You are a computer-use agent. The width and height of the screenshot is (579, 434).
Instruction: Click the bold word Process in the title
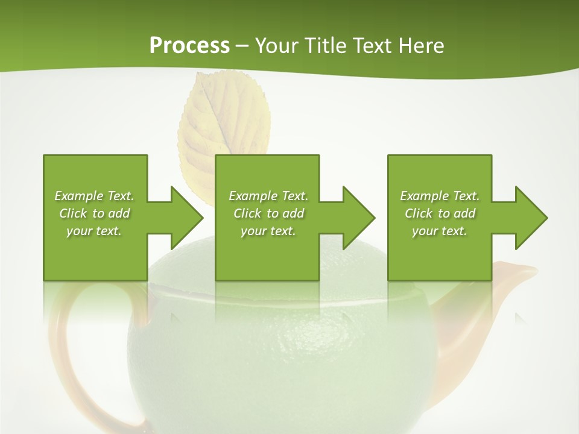[189, 46]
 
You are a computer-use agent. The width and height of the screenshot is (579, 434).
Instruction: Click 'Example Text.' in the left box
[95, 196]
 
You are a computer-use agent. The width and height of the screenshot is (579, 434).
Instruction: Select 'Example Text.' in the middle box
[268, 196]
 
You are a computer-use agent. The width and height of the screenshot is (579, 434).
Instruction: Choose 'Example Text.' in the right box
[440, 196]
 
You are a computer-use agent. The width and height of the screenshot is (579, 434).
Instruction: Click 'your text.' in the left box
[95, 231]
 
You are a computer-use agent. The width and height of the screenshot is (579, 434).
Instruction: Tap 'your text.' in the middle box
[268, 231]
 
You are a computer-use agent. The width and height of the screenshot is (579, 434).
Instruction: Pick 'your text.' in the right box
[440, 231]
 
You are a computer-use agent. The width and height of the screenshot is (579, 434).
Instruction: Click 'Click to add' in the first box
[95, 213]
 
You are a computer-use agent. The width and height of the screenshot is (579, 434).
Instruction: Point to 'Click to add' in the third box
[440, 213]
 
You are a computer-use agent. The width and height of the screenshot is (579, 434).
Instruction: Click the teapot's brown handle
[66, 362]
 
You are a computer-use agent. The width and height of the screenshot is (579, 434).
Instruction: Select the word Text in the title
[373, 46]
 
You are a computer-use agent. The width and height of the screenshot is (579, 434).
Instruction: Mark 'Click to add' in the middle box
[268, 213]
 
